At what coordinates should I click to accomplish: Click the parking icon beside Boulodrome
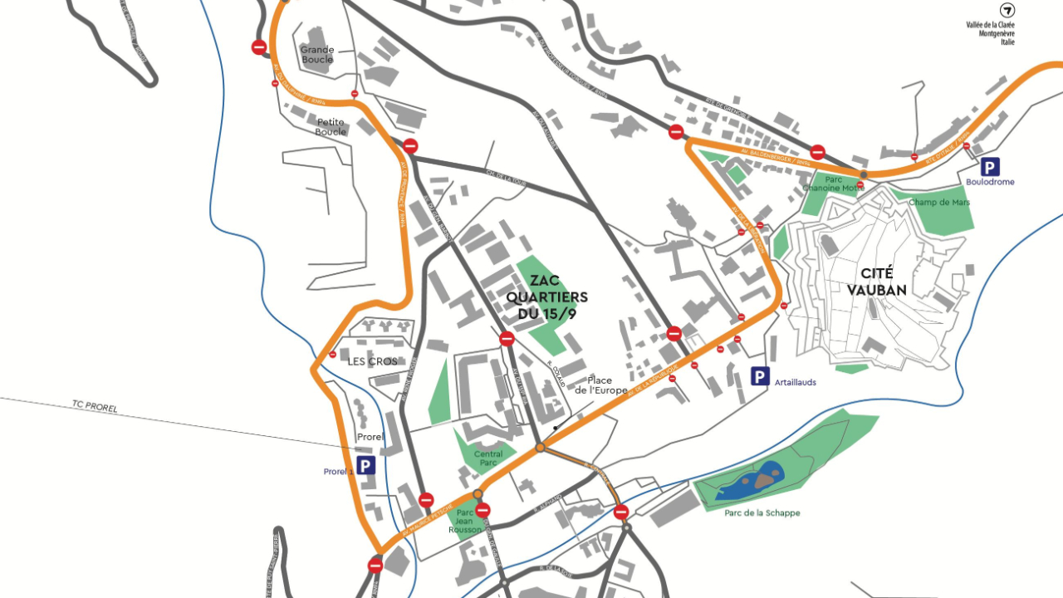(990, 166)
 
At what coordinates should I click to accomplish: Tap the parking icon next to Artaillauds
(760, 377)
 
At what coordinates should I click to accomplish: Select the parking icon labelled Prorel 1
(366, 466)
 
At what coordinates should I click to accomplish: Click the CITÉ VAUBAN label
(877, 282)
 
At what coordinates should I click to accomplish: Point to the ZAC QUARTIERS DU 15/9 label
(547, 297)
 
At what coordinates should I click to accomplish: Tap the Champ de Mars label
(939, 203)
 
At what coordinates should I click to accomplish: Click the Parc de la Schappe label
(762, 513)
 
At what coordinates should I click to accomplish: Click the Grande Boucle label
(317, 55)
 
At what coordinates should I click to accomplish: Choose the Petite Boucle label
(331, 127)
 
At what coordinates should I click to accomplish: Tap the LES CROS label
(372, 361)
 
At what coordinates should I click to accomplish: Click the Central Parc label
(488, 458)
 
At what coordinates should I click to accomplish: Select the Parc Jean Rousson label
(465, 521)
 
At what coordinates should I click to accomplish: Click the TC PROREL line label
(95, 407)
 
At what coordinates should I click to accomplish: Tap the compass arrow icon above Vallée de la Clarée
(1007, 11)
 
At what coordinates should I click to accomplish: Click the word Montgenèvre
(997, 33)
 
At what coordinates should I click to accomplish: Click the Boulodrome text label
(990, 182)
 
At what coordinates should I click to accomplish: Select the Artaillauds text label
(795, 382)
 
